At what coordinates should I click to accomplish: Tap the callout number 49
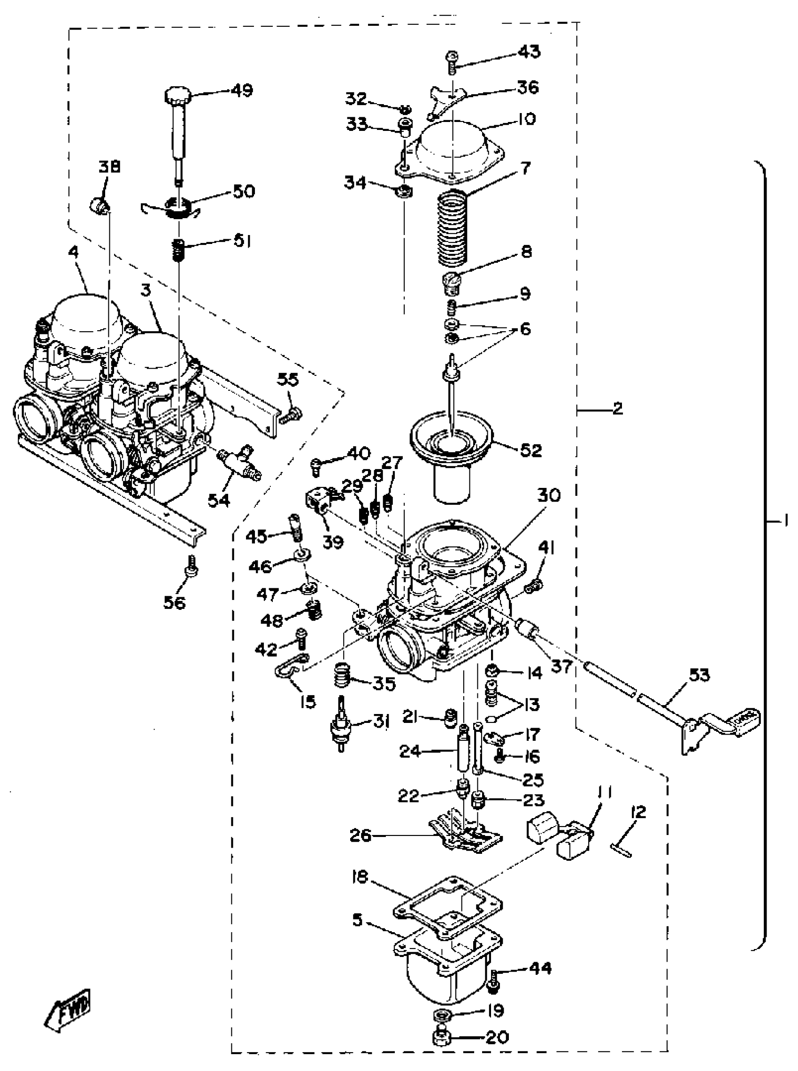[x=242, y=90]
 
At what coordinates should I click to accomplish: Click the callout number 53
[x=698, y=675]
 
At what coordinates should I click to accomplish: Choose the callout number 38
[x=110, y=167]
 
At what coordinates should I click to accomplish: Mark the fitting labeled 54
[x=238, y=463]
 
